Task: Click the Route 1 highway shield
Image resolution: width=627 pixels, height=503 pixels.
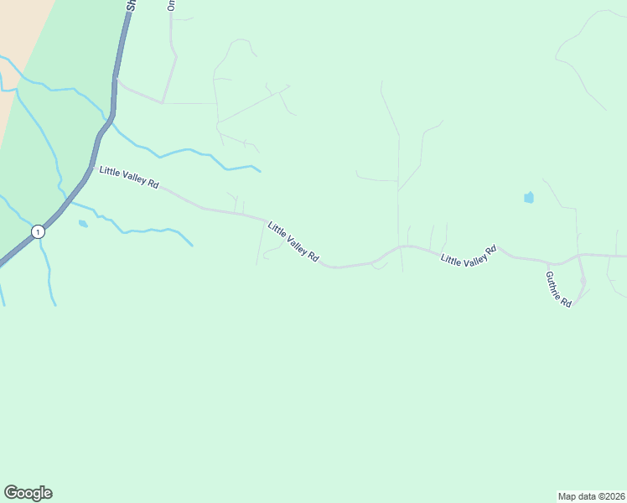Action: coord(37,231)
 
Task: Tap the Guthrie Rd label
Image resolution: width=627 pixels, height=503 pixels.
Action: coord(558,289)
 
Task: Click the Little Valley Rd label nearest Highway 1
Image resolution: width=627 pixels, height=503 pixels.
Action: coord(129,177)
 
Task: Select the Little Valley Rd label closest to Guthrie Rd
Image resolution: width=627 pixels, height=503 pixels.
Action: coord(469,256)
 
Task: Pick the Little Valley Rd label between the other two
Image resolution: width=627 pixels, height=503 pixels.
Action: coord(293,242)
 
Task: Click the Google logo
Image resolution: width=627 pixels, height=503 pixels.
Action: coord(28,493)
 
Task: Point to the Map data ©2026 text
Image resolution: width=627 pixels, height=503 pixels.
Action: coord(591,495)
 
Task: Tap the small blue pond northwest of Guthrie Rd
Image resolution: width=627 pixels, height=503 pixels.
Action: coord(528,198)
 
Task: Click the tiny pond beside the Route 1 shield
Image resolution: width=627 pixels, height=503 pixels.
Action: coord(83,224)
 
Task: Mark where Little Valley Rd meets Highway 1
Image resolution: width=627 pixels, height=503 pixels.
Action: coord(90,168)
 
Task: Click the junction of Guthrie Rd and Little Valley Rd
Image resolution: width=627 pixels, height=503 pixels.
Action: coord(548,263)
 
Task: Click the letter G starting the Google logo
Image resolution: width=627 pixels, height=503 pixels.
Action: coord(11,493)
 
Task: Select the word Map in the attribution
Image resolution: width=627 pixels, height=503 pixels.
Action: coord(567,495)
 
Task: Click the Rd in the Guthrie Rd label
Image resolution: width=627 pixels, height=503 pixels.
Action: coord(567,302)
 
